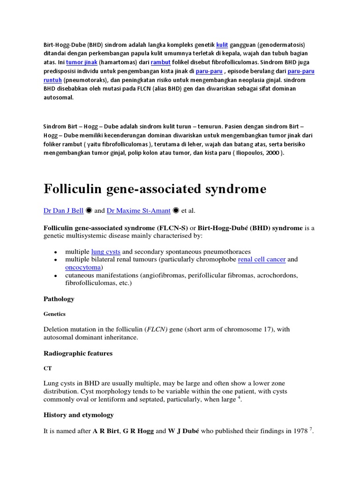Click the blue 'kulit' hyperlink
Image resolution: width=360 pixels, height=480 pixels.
(x=222, y=45)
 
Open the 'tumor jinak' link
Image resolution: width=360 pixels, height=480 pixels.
(x=82, y=62)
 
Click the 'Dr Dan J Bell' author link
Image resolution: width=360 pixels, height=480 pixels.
(x=63, y=211)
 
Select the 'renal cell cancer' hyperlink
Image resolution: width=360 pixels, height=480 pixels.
(x=262, y=259)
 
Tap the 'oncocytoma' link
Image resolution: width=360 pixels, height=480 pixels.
(x=83, y=267)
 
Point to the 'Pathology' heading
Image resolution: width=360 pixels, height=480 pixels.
(x=59, y=299)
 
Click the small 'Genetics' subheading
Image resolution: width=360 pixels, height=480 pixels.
(x=54, y=314)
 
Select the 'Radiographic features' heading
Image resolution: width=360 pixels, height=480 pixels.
(x=78, y=353)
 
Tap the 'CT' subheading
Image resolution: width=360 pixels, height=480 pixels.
(x=48, y=369)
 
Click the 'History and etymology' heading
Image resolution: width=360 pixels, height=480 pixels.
(x=78, y=415)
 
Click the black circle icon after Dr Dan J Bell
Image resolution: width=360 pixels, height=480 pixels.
(x=90, y=211)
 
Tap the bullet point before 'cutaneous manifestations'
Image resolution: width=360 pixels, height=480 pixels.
(x=56, y=276)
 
